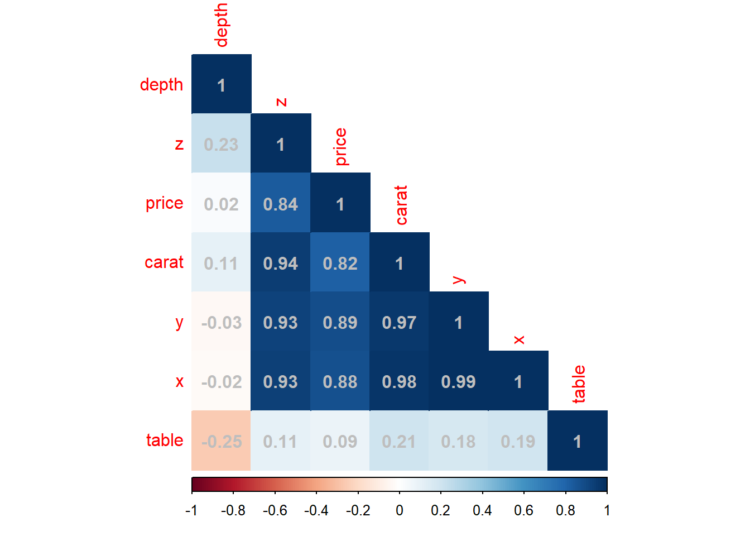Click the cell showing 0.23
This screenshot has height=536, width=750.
pyautogui.click(x=221, y=145)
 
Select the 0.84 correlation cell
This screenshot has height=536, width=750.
pyautogui.click(x=281, y=204)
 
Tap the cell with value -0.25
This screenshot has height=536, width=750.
pyautogui.click(x=221, y=442)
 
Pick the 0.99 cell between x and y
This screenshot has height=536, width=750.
pyautogui.click(x=459, y=382)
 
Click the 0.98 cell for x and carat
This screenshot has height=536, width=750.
pyautogui.click(x=399, y=382)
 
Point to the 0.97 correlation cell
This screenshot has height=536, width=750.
pyautogui.click(x=399, y=323)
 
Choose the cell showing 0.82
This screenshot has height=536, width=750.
pyautogui.click(x=340, y=264)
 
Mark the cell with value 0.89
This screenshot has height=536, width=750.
pyautogui.click(x=340, y=323)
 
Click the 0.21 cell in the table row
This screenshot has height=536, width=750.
pyautogui.click(x=399, y=442)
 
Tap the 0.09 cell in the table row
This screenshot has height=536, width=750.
pyautogui.click(x=340, y=442)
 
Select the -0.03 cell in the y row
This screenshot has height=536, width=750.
pyautogui.click(x=221, y=323)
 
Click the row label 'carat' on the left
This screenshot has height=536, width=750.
pyautogui.click(x=164, y=262)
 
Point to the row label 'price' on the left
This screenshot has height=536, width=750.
pyautogui.click(x=164, y=203)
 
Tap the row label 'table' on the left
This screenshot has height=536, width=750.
pyautogui.click(x=165, y=440)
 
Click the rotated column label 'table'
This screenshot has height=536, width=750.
pyautogui.click(x=579, y=384)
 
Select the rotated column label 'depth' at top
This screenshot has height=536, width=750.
pyautogui.click(x=222, y=25)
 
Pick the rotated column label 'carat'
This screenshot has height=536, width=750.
pyautogui.click(x=401, y=205)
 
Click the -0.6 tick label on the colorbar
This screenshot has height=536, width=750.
pyautogui.click(x=275, y=510)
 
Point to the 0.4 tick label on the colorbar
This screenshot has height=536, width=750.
pyautogui.click(x=482, y=510)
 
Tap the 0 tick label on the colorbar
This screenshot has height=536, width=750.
pyautogui.click(x=400, y=510)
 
